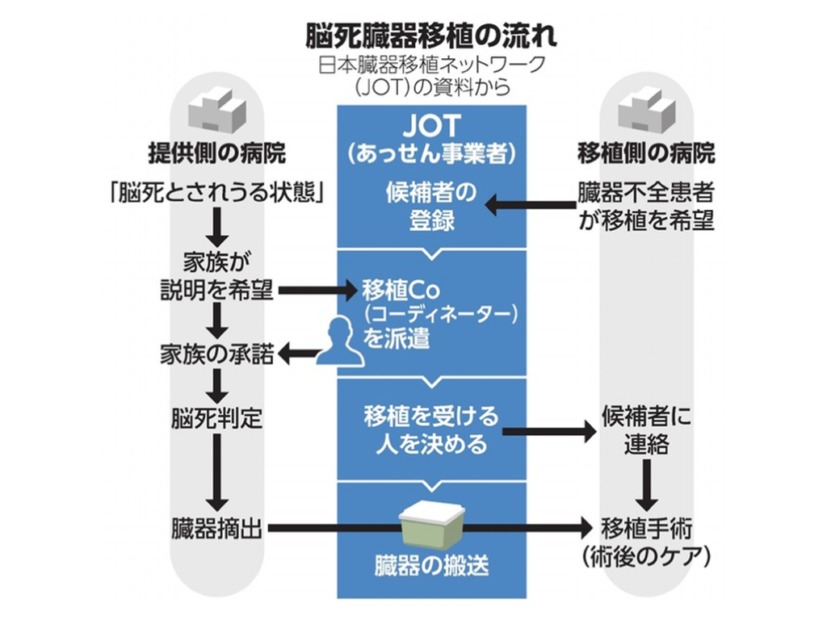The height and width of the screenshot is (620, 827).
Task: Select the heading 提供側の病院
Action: (x=216, y=153)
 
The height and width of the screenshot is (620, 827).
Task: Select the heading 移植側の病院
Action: (x=646, y=153)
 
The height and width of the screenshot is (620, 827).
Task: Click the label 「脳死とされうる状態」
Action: (x=216, y=195)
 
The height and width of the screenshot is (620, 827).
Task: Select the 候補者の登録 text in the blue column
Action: (x=431, y=207)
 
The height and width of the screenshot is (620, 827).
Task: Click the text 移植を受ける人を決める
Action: (x=431, y=430)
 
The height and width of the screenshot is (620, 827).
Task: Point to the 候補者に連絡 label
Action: (x=646, y=431)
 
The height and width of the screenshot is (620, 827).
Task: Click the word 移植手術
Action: (x=646, y=529)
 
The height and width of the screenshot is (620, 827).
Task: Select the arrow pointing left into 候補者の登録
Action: (x=529, y=206)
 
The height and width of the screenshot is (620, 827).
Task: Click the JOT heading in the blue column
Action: (x=431, y=125)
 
